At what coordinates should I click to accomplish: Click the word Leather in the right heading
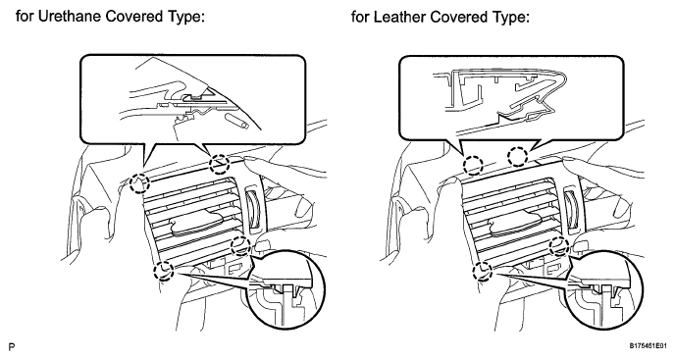point(400,18)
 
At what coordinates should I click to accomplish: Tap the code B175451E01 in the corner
point(649,346)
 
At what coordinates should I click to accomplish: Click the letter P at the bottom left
point(12,346)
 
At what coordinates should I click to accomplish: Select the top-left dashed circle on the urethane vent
point(140,183)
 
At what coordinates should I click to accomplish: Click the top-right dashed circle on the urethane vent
point(219,164)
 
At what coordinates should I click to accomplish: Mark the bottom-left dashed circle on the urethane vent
point(164,271)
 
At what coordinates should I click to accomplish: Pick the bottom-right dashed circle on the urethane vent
point(240,247)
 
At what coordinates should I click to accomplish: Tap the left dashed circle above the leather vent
point(473,165)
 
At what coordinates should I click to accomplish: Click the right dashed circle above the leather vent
point(518,156)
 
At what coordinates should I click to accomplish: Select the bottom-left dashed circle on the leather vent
point(483,272)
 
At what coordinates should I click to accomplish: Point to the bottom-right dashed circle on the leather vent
point(559,247)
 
